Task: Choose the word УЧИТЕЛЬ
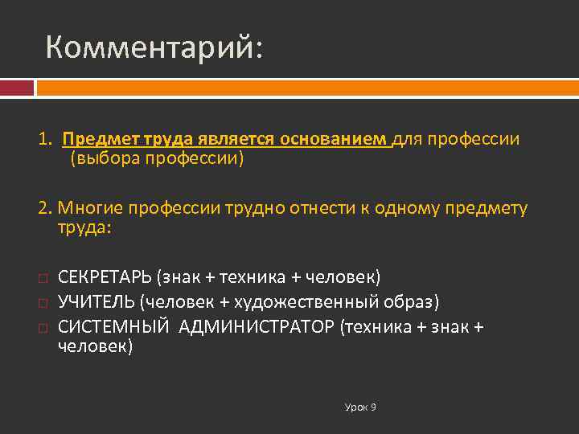point(96,301)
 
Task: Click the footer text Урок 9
point(360,407)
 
